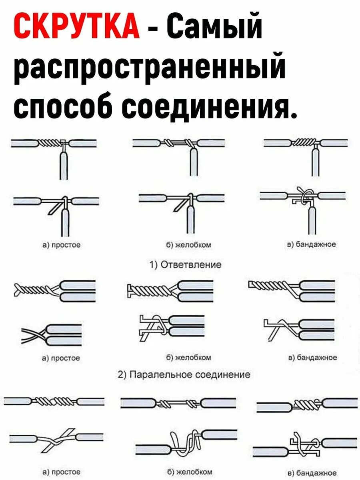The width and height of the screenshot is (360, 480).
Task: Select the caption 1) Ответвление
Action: click(x=185, y=264)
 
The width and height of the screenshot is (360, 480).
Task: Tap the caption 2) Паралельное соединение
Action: click(x=184, y=374)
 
